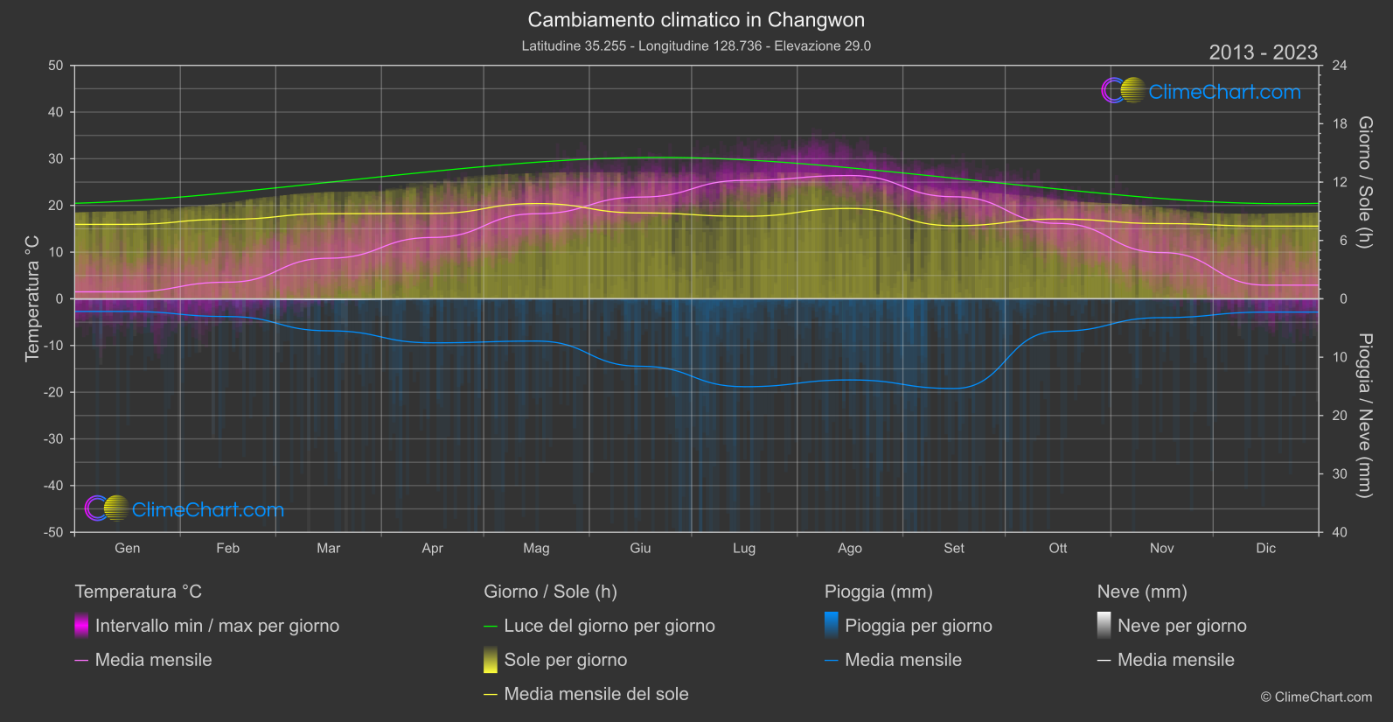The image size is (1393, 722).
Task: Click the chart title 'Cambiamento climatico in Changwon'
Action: pyautogui.click(x=696, y=20)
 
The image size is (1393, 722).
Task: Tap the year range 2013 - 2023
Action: pyautogui.click(x=1263, y=53)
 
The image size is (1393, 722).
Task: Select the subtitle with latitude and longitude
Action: pyautogui.click(x=696, y=46)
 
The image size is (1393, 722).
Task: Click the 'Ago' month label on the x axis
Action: pyautogui.click(x=849, y=548)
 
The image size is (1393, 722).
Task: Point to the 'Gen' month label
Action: pyautogui.click(x=127, y=548)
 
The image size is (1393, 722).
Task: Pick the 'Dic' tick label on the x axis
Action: pyautogui.click(x=1265, y=548)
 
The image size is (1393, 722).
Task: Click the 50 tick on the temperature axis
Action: pyautogui.click(x=56, y=66)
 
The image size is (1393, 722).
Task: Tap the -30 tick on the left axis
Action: pyautogui.click(x=53, y=438)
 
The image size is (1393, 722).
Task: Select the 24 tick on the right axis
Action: pyautogui.click(x=1339, y=66)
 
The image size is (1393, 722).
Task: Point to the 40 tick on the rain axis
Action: pyautogui.click(x=1339, y=532)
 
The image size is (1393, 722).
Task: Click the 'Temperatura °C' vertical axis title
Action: pyautogui.click(x=32, y=298)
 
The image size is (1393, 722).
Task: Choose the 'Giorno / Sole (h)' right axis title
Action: pyautogui.click(x=1364, y=182)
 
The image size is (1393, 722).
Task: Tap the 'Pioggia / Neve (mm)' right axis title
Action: pyautogui.click(x=1364, y=415)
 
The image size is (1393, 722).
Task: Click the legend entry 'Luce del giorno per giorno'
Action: pyautogui.click(x=609, y=626)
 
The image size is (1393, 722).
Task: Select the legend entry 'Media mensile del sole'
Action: pyautogui.click(x=596, y=694)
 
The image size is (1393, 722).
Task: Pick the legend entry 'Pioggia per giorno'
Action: pyautogui.click(x=917, y=626)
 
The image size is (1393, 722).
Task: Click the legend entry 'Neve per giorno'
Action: pyautogui.click(x=1181, y=626)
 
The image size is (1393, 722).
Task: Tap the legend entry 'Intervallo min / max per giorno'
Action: pyautogui.click(x=216, y=626)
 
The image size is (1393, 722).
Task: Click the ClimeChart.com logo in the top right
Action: pyautogui.click(x=1201, y=91)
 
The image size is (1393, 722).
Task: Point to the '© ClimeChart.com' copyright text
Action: pyautogui.click(x=1315, y=697)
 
